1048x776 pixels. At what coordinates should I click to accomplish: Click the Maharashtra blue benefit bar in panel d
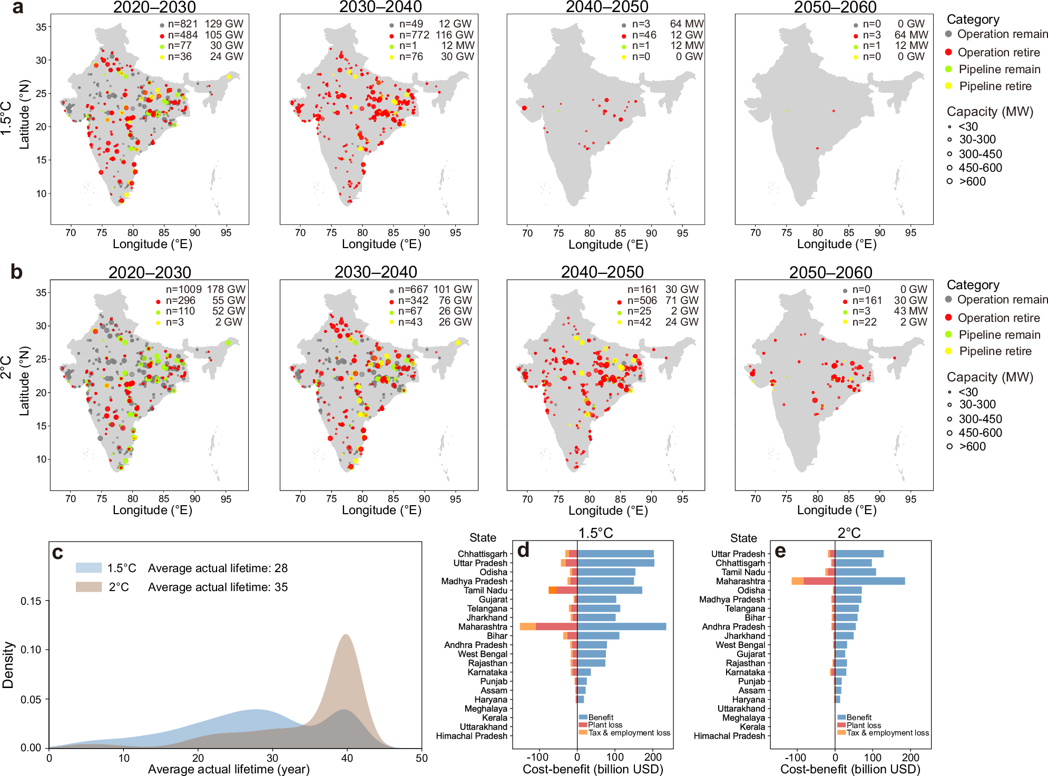tap(622, 626)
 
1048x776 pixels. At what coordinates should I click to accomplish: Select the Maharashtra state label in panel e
tap(740, 581)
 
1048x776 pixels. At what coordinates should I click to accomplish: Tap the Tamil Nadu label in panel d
tap(485, 590)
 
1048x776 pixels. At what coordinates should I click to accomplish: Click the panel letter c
tap(57, 553)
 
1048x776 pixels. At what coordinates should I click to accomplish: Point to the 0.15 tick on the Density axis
tap(31, 601)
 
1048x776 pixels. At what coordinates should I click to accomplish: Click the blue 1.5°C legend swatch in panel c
tap(89, 568)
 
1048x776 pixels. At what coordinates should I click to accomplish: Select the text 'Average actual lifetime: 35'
tap(218, 587)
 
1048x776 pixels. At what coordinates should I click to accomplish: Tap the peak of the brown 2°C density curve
tap(346, 635)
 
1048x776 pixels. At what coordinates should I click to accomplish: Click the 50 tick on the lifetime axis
tap(422, 758)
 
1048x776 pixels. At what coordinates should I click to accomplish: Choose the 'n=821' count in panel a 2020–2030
tap(183, 24)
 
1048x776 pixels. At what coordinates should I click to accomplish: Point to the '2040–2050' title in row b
tap(602, 272)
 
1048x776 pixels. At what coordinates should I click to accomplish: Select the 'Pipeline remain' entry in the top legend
tap(999, 70)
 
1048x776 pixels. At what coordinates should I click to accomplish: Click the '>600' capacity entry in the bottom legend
tap(972, 447)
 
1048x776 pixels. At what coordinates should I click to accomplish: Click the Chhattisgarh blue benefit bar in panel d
tap(615, 554)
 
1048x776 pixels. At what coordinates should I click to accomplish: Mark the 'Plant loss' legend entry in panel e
tap(864, 725)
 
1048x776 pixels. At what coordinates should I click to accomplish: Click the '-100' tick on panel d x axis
tap(538, 758)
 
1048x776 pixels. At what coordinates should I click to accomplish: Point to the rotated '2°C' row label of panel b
tap(6, 367)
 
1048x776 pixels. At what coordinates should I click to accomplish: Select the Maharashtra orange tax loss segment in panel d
tap(527, 626)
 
